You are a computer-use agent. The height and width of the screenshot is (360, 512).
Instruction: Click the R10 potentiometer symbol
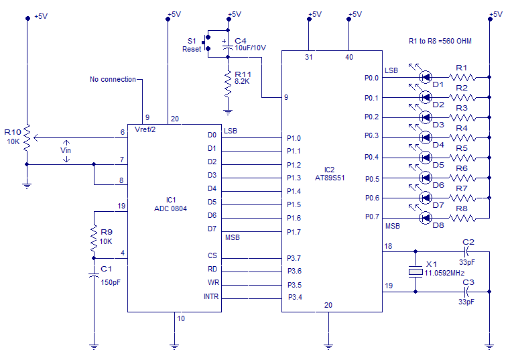27,138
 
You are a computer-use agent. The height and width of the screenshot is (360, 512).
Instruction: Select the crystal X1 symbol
415,272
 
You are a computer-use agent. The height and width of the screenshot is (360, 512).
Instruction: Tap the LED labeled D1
424,77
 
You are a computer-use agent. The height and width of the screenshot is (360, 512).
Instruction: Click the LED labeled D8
424,218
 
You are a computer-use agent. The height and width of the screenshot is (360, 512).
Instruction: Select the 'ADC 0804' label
170,208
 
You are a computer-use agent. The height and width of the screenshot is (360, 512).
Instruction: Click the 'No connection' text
113,79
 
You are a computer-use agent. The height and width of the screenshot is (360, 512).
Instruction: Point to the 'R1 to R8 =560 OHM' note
440,41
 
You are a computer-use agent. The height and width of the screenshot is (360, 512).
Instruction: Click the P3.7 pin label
294,257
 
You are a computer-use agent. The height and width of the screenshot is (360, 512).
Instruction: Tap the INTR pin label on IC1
210,296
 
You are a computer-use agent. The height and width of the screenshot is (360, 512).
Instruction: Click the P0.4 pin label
371,158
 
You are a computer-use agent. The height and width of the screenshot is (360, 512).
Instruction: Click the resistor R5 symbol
462,158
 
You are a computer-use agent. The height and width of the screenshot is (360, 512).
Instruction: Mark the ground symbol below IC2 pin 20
328,346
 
